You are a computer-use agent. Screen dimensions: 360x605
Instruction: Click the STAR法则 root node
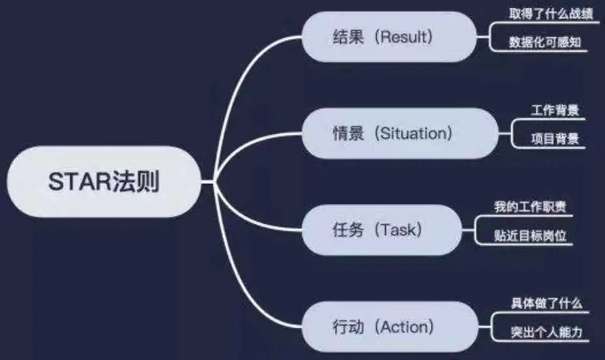(x=104, y=182)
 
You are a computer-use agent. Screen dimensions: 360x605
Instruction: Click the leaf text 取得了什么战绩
(x=552, y=14)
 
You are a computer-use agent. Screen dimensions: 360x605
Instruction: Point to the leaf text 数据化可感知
(x=545, y=43)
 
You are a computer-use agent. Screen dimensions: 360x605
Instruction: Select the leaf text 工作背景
(x=555, y=110)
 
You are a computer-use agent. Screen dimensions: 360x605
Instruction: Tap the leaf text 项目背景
(x=555, y=139)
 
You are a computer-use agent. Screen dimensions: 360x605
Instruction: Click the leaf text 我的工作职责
(x=530, y=207)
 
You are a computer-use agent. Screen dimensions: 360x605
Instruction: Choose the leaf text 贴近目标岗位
(x=530, y=235)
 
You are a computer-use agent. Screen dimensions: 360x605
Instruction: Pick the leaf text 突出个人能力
(x=546, y=332)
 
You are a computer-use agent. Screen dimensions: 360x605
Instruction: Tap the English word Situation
(x=416, y=134)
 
